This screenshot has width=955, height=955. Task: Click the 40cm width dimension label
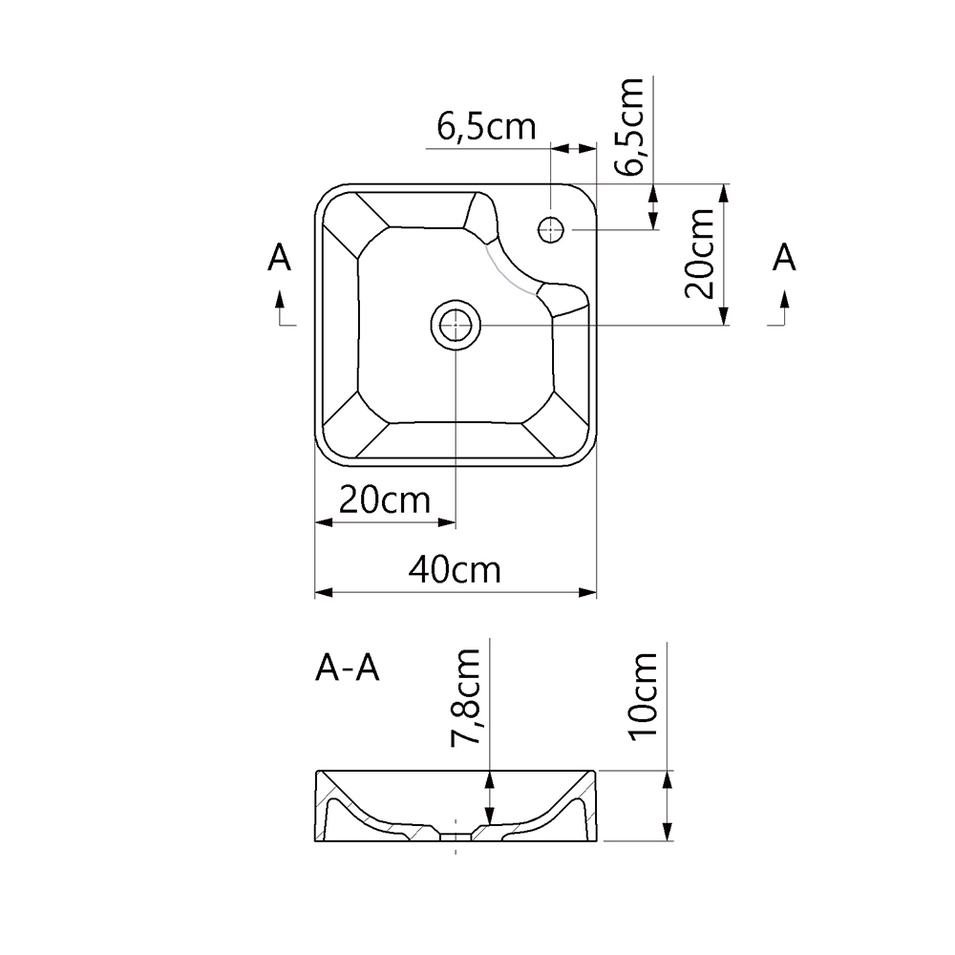(x=455, y=569)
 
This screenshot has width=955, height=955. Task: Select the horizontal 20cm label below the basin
(x=383, y=499)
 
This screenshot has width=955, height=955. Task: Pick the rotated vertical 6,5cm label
(x=630, y=126)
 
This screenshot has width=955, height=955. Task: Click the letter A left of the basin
(x=279, y=258)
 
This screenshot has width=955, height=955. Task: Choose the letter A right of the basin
(x=783, y=258)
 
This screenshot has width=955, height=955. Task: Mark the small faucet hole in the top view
(x=552, y=229)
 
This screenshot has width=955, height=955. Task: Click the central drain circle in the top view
(x=456, y=326)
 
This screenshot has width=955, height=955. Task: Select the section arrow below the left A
(x=281, y=311)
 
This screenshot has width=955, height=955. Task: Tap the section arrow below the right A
(x=784, y=311)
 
